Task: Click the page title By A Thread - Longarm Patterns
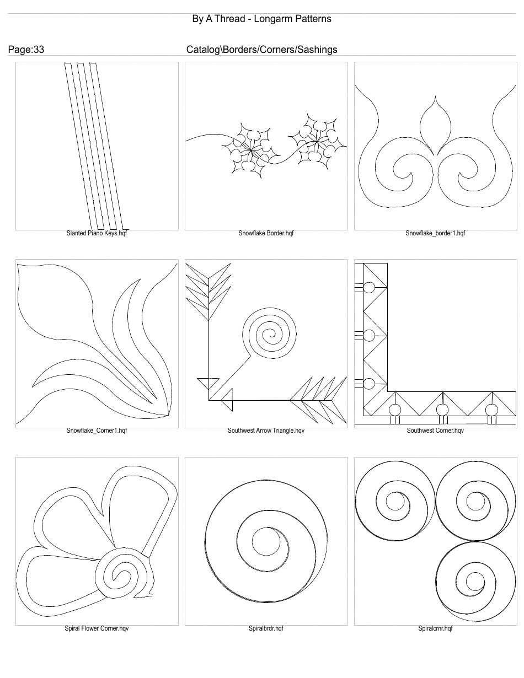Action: click(261, 19)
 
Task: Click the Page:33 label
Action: click(26, 50)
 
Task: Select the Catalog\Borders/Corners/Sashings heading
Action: click(261, 50)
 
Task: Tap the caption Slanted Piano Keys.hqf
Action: click(97, 233)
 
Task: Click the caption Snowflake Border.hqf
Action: click(266, 233)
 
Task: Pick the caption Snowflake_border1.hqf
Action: click(435, 233)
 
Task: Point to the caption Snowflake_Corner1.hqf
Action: click(97, 431)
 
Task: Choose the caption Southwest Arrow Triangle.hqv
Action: click(266, 431)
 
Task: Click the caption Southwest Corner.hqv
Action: click(435, 431)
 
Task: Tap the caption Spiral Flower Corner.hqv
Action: click(97, 628)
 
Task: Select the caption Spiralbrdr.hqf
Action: click(266, 628)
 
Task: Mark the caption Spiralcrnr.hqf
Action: click(435, 628)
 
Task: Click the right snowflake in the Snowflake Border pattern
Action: click(317, 141)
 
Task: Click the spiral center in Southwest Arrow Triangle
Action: click(270, 333)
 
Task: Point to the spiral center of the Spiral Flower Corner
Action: click(120, 574)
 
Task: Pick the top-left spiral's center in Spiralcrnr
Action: click(395, 502)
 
